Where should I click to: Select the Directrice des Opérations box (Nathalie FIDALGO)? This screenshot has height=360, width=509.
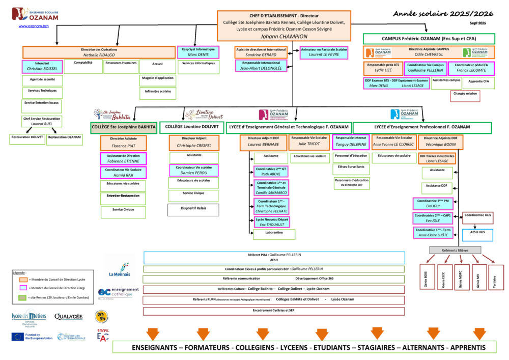99,52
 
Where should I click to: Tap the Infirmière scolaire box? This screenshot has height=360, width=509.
157,92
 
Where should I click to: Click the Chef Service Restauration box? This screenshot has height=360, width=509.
42,121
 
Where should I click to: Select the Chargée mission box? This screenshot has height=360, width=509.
465,94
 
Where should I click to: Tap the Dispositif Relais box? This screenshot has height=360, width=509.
193,208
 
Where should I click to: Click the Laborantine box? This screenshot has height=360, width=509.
274,233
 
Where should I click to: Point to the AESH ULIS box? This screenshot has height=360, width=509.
478,232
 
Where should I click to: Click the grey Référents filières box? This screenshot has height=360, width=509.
455,251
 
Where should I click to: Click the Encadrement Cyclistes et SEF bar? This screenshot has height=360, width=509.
274,311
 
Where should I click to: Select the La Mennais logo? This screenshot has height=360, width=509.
120,270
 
